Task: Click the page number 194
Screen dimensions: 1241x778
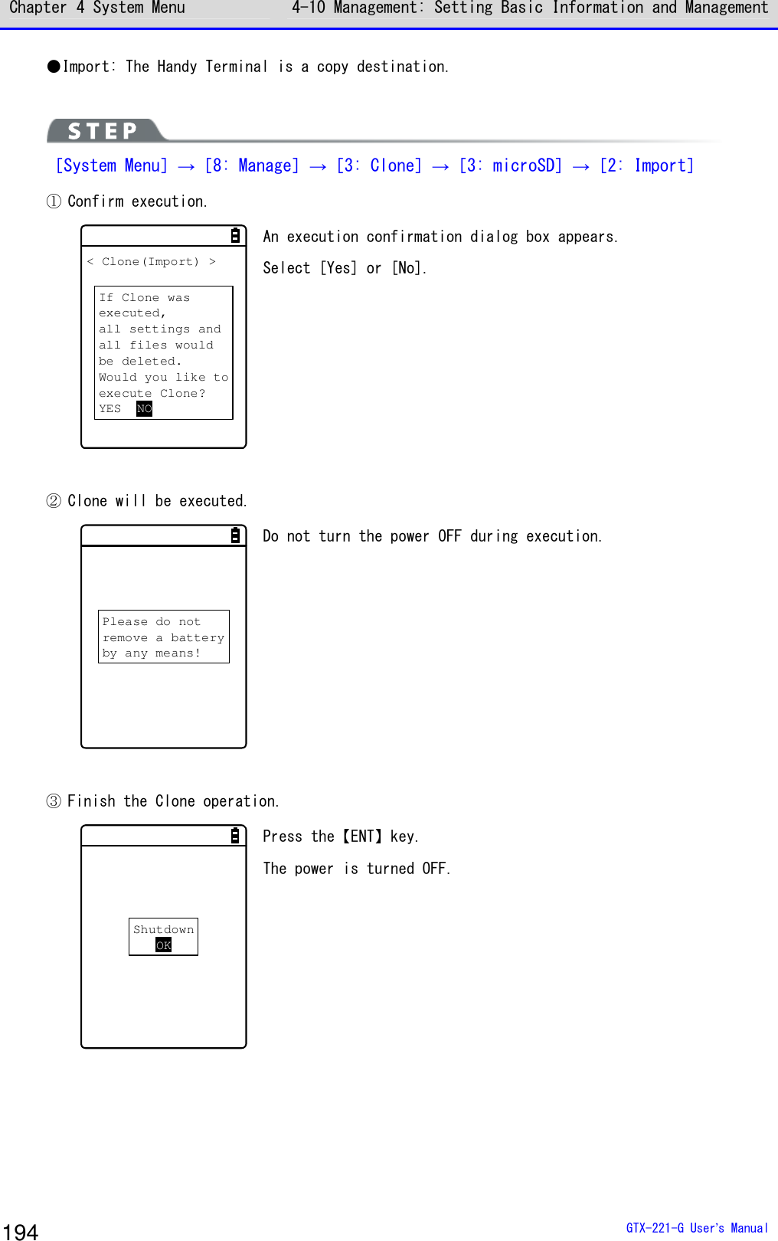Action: click(21, 1231)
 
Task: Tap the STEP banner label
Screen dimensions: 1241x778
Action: click(103, 131)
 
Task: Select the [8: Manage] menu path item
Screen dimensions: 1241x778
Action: click(252, 165)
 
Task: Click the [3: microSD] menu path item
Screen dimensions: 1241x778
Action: click(511, 165)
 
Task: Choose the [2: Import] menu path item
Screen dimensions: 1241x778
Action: click(646, 165)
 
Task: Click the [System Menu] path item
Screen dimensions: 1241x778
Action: click(112, 165)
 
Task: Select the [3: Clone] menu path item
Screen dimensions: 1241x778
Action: click(379, 165)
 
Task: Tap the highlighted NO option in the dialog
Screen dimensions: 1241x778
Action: click(144, 409)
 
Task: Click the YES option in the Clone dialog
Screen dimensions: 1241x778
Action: click(110, 409)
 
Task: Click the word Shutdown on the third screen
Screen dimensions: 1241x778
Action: click(163, 929)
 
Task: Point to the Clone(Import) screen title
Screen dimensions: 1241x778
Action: click(151, 262)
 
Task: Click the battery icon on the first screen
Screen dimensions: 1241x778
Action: click(235, 236)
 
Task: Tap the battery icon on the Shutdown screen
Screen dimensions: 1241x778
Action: click(235, 836)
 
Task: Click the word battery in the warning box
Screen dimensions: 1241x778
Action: click(198, 637)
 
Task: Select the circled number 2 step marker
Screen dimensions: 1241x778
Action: click(54, 501)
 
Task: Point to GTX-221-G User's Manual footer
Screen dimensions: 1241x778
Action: click(696, 1228)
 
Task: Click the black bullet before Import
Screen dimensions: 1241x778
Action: click(54, 67)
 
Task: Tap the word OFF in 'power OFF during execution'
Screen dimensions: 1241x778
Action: click(449, 536)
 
